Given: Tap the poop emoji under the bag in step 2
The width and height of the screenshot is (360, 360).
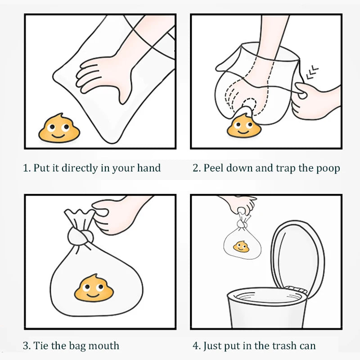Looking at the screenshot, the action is pos(244,126).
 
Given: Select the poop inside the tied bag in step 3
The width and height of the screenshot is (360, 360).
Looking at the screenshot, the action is pos(94,288).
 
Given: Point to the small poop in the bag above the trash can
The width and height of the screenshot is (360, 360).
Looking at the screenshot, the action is pos(241,247).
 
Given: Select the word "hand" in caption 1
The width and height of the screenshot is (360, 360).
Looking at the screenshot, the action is pos(149,168).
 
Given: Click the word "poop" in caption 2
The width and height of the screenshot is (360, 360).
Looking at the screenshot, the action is pos(328,168).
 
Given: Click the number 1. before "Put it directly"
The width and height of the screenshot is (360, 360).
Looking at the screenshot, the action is pos(27,168).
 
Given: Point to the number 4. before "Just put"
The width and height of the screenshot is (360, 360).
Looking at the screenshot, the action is pos(197,346).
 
